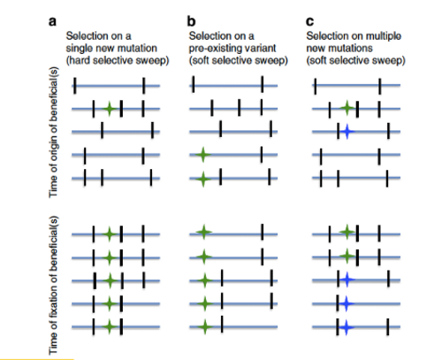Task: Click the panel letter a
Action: tap(52, 21)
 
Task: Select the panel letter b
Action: tap(191, 21)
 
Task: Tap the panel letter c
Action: tap(310, 21)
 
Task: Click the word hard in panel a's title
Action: tap(79, 60)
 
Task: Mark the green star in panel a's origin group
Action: tap(110, 109)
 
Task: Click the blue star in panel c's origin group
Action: tap(347, 132)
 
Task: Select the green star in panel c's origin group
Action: tap(347, 108)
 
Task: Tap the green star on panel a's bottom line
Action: tap(110, 326)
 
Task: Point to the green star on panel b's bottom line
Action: tap(205, 326)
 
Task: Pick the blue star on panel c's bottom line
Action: tap(347, 327)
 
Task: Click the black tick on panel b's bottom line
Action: tap(222, 324)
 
